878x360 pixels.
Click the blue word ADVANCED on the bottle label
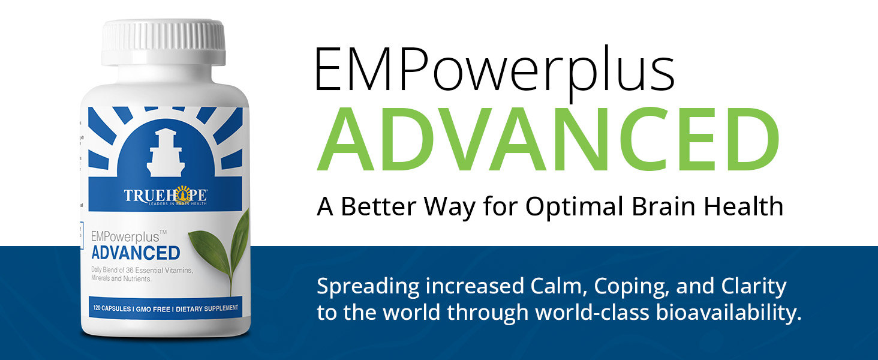coord(136,253)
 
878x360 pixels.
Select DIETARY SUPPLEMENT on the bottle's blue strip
coord(208,308)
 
